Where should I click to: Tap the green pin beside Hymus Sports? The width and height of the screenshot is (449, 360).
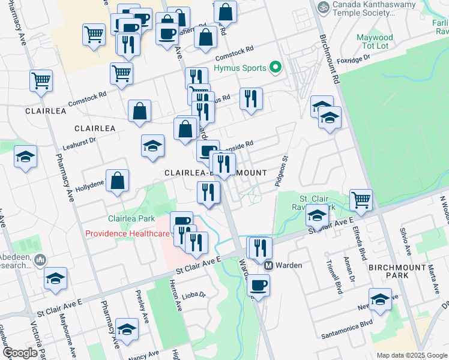[x=276, y=68]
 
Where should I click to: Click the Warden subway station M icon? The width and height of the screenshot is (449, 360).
[x=269, y=265]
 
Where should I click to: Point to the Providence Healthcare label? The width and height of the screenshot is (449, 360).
[x=127, y=233]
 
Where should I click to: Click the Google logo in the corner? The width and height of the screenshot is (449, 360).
[x=20, y=353]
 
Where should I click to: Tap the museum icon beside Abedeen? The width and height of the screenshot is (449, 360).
[x=40, y=260]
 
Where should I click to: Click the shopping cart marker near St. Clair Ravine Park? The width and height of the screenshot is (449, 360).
[x=361, y=200]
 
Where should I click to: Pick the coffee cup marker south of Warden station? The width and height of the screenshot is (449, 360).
[x=259, y=285]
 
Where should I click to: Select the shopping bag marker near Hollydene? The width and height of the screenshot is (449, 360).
[x=118, y=181]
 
